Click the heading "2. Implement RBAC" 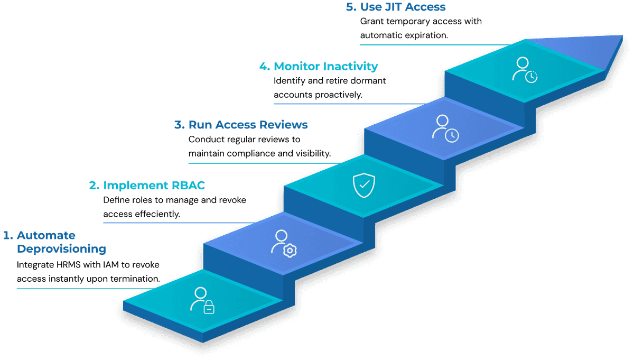click(147, 186)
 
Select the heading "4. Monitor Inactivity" click(319, 67)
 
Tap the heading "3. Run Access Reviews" click(241, 125)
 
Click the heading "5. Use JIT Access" click(395, 7)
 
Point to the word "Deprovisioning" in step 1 click(61, 248)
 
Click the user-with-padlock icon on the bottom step click(202, 300)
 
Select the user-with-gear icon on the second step click(283, 243)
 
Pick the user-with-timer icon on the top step click(525, 69)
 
